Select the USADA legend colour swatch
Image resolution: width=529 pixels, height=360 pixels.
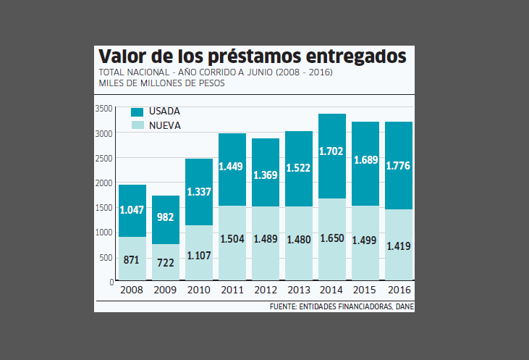(x=137, y=112)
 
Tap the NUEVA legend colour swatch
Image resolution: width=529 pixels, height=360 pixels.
(x=137, y=125)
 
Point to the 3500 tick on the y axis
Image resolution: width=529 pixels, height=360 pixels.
(x=104, y=109)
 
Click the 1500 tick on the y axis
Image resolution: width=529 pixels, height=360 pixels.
(x=104, y=208)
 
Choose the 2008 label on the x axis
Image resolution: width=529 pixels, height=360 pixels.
(x=132, y=290)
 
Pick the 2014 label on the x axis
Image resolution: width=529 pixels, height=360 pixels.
(x=331, y=290)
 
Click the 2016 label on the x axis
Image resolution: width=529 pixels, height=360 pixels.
(x=398, y=290)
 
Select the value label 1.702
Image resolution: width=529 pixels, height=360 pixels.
(x=331, y=154)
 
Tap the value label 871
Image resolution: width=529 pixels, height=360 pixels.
(x=132, y=259)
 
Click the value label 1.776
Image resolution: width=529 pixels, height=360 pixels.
(x=398, y=165)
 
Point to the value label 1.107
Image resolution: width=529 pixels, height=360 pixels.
(x=198, y=255)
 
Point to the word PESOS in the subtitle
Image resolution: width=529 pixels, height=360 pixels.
(x=209, y=83)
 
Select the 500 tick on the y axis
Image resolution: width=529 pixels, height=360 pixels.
(x=106, y=257)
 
